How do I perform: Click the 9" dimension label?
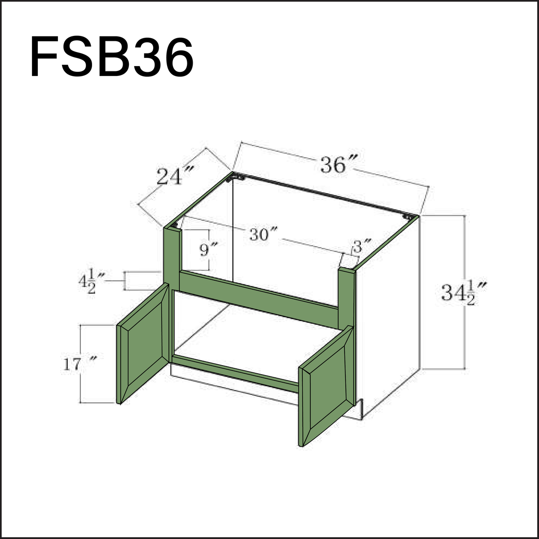pyautogui.click(x=208, y=248)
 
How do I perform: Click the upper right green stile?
pyautogui.click(x=346, y=296)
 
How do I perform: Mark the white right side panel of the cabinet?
pyautogui.click(x=389, y=314)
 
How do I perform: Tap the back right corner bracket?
pyautogui.click(x=408, y=217)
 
